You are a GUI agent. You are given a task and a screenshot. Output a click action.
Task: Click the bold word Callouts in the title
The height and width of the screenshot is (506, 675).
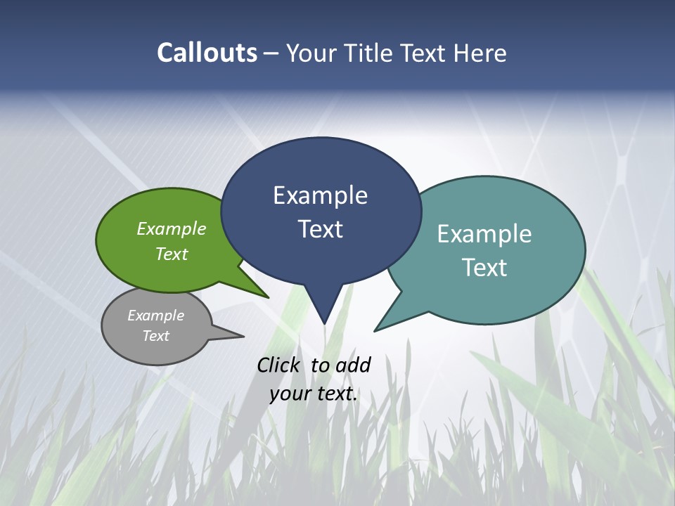[207, 53]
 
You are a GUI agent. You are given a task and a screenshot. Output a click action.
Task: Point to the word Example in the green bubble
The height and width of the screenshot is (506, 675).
[172, 228]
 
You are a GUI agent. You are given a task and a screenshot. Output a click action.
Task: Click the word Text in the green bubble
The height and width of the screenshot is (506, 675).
[172, 254]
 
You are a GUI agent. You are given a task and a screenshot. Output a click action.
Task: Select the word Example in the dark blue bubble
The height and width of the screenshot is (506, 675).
[320, 195]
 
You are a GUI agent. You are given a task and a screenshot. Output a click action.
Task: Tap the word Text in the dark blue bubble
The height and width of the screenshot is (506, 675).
[320, 229]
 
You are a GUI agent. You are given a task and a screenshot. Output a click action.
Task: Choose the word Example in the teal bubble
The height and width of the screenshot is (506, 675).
[484, 234]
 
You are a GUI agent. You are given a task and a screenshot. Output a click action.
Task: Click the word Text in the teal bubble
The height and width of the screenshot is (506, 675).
[484, 268]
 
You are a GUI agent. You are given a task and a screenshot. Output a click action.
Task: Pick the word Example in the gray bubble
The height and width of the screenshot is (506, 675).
[155, 316]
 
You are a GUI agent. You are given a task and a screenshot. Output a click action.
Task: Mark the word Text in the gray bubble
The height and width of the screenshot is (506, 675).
[155, 336]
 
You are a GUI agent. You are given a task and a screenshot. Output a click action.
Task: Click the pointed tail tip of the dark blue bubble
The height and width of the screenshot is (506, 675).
[324, 323]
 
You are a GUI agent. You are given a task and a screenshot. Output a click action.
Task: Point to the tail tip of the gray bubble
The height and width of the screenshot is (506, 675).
[243, 336]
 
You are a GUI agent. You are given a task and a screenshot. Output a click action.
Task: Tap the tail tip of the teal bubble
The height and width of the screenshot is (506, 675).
[375, 330]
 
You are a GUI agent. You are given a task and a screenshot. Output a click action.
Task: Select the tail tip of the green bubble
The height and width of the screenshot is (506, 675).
[268, 297]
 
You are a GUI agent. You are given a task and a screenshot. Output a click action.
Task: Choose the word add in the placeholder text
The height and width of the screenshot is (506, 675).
[353, 365]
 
